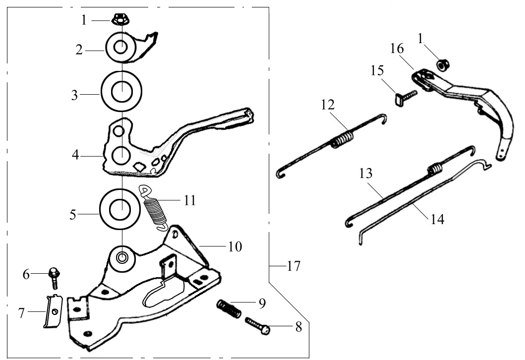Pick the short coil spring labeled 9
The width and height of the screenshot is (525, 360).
pyautogui.click(x=229, y=309)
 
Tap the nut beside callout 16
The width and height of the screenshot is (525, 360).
pyautogui.click(x=442, y=65)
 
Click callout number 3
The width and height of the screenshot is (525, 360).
pyautogui.click(x=74, y=95)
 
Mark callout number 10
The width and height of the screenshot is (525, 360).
pyautogui.click(x=235, y=246)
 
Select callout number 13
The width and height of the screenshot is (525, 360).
pyautogui.click(x=366, y=174)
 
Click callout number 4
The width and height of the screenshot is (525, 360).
pyautogui.click(x=74, y=155)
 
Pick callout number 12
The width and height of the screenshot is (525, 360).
pyautogui.click(x=328, y=105)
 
